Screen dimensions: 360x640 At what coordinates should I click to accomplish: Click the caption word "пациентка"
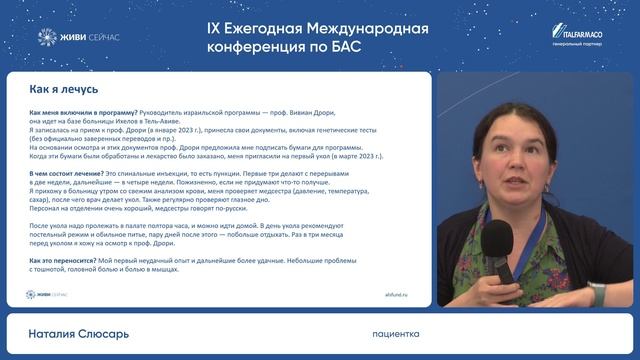click(395, 333)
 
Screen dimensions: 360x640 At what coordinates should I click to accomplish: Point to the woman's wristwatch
click(597, 292)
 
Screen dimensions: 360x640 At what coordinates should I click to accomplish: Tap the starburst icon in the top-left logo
click(46, 37)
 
